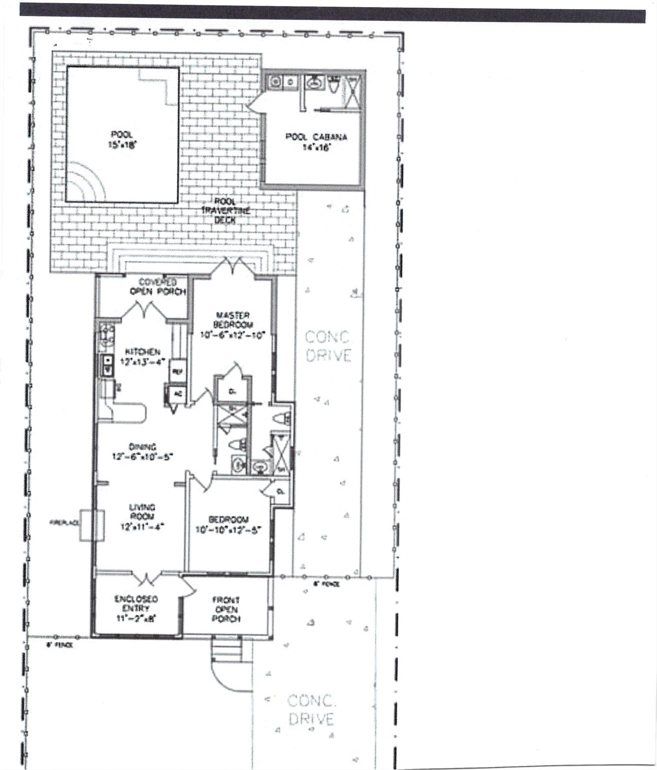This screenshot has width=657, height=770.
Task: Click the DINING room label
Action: tap(143, 451)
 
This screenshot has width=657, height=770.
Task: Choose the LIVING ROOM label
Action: tap(143, 516)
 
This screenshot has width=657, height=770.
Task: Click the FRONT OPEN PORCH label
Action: tap(226, 609)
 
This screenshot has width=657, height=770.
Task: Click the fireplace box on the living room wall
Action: tap(92, 525)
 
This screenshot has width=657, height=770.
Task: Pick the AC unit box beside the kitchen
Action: tap(177, 394)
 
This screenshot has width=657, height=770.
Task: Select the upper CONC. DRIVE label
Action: tap(328, 346)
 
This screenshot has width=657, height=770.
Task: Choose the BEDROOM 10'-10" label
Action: tap(228, 524)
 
